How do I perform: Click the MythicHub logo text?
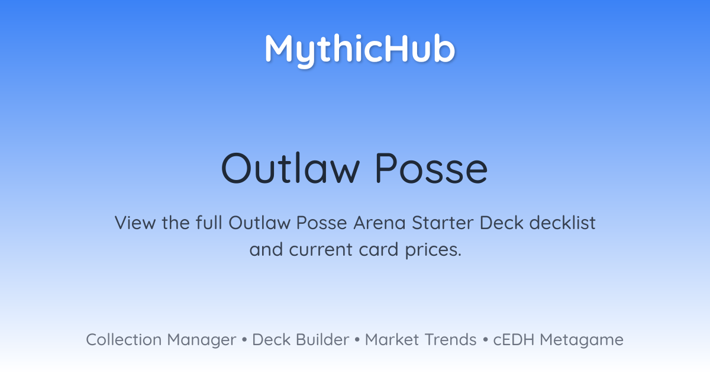pyautogui.click(x=360, y=50)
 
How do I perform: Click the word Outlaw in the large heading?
pyautogui.click(x=291, y=168)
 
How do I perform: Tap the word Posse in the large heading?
pyautogui.click(x=431, y=168)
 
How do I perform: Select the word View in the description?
pyautogui.click(x=135, y=223)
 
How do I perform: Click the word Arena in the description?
pyautogui.click(x=379, y=223)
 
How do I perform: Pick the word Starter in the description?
pyautogui.click(x=442, y=223)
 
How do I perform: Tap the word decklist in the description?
pyautogui.click(x=562, y=222)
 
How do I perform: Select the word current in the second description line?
pyautogui.click(x=321, y=250)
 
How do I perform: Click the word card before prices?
pyautogui.click(x=379, y=249)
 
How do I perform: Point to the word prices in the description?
pyautogui.click(x=433, y=250)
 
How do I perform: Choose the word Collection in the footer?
pyautogui.click(x=124, y=339)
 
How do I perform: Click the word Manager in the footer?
pyautogui.click(x=202, y=340)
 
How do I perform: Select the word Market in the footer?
pyautogui.click(x=392, y=339)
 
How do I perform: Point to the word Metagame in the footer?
pyautogui.click(x=582, y=340)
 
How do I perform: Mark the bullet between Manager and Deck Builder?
pyautogui.click(x=244, y=340)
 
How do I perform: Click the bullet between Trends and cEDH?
pyautogui.click(x=485, y=340)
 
